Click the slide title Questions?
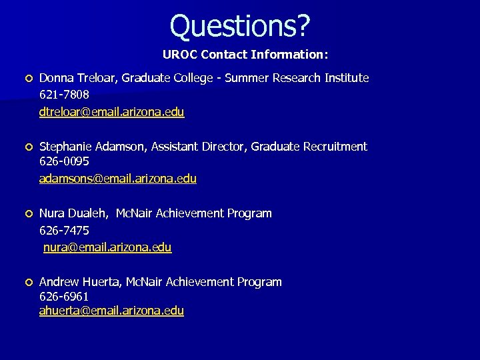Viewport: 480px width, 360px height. [x=240, y=26]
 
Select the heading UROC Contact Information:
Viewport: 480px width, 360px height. [x=245, y=53]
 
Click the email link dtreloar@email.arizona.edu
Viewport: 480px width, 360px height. [x=111, y=112]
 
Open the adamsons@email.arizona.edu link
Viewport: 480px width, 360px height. [x=118, y=179]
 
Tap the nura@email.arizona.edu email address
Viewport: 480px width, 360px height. [x=107, y=247]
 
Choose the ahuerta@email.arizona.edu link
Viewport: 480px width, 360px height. [x=111, y=311]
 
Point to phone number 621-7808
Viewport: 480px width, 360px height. [x=64, y=95]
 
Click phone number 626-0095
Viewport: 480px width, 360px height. [x=64, y=162]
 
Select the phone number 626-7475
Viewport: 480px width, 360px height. [x=64, y=230]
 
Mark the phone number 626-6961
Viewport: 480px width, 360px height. [x=64, y=296]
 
